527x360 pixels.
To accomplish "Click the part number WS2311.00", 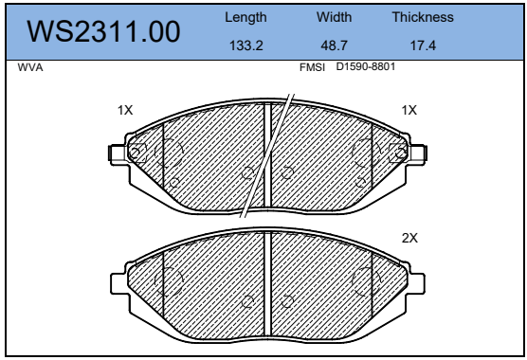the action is coord(103,31).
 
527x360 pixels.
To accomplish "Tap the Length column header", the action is coord(245,17).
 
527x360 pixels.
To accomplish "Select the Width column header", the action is coord(334,17).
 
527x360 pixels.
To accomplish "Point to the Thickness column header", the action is coord(423,17).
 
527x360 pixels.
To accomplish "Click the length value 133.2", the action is coord(246,45).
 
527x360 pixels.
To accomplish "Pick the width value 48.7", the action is coord(334,45).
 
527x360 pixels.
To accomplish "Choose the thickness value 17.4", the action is coord(423,45).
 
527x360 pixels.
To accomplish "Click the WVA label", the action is coord(30,67).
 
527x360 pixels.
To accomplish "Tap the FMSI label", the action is coord(312,67).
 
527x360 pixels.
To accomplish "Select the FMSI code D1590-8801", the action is coord(366,66).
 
